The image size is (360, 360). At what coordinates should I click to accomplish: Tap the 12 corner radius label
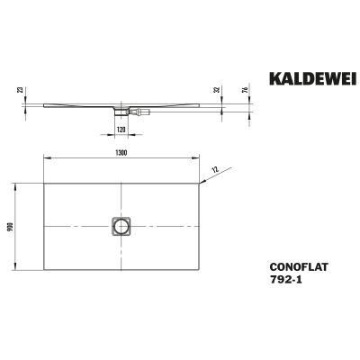pyautogui.click(x=215, y=168)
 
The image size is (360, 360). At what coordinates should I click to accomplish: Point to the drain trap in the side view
pyautogui.click(x=120, y=112)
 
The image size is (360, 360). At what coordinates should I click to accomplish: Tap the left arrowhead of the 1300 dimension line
pyautogui.click(x=45, y=158)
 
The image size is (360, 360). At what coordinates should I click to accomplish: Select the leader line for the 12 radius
pyautogui.click(x=210, y=174)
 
